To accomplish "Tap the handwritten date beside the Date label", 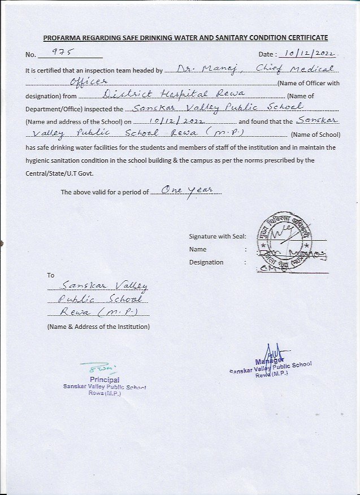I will click(310, 54).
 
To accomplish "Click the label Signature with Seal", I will click(218, 236).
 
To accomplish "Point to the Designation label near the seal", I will click(206, 262).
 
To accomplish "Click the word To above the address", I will click(51, 275).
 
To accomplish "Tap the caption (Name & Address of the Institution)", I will click(98, 327).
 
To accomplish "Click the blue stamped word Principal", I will click(105, 380).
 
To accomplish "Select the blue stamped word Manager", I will click(270, 361).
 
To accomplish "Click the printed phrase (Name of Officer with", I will click(309, 83).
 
